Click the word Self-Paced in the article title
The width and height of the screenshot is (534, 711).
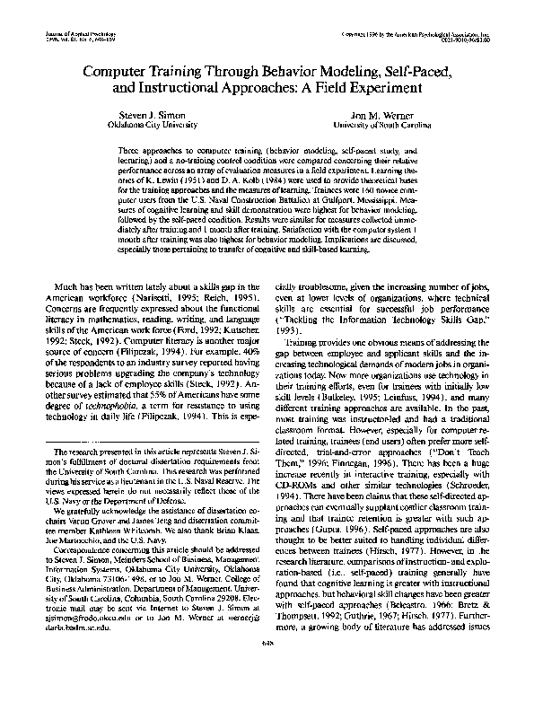tap(411, 68)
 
